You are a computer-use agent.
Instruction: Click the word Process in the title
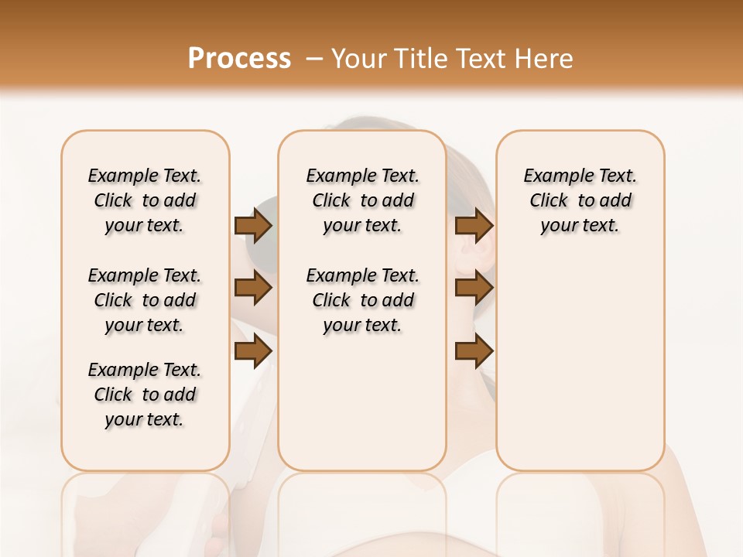(x=239, y=59)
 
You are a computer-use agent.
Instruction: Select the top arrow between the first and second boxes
(x=253, y=225)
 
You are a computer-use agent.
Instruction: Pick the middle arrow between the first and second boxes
(x=253, y=289)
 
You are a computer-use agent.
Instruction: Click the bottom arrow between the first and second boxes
(x=253, y=352)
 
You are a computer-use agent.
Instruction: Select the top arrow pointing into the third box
(x=474, y=225)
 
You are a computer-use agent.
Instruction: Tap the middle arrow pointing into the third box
(x=474, y=289)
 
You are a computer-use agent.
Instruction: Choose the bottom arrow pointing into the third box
(x=474, y=352)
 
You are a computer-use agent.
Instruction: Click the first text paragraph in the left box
(x=145, y=200)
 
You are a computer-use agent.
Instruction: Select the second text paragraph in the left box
(x=145, y=300)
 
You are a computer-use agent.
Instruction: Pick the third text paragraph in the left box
(x=145, y=395)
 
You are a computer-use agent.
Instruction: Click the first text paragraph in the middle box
(x=362, y=200)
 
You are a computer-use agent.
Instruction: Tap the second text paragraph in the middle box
(x=362, y=300)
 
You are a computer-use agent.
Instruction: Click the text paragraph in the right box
(x=580, y=200)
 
